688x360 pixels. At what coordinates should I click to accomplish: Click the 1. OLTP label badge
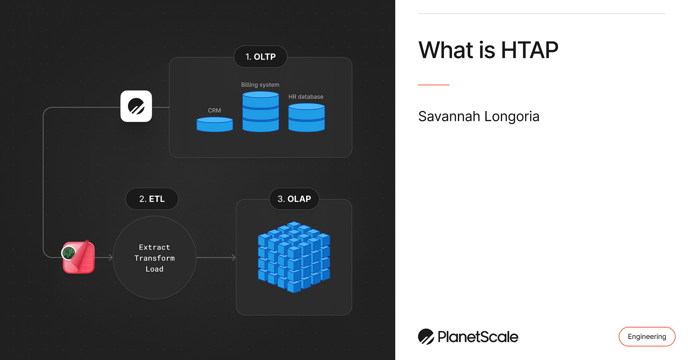(260, 57)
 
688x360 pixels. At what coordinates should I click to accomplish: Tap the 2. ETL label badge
(152, 199)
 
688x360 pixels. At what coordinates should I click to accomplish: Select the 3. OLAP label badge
(294, 199)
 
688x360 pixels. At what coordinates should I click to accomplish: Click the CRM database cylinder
(215, 124)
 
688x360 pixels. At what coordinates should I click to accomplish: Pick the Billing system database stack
(260, 112)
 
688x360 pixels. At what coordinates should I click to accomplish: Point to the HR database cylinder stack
(306, 118)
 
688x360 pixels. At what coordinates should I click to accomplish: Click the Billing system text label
(260, 85)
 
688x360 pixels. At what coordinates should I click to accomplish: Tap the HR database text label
(306, 97)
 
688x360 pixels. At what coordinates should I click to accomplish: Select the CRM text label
(214, 110)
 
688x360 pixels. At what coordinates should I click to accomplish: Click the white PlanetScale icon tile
(136, 106)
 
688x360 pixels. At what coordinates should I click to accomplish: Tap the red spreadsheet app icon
(79, 257)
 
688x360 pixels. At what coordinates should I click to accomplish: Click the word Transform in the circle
(154, 258)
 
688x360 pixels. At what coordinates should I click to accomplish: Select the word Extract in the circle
(154, 247)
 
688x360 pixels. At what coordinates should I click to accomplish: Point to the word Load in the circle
(154, 269)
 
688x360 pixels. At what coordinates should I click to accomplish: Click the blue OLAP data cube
(294, 257)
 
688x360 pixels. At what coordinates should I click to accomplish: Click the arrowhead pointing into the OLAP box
(234, 257)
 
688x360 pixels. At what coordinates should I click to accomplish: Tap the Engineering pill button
(647, 337)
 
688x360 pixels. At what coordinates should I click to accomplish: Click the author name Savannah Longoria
(479, 117)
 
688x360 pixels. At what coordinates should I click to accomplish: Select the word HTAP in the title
(529, 50)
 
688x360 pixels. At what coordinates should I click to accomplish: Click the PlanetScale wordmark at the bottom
(477, 337)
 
